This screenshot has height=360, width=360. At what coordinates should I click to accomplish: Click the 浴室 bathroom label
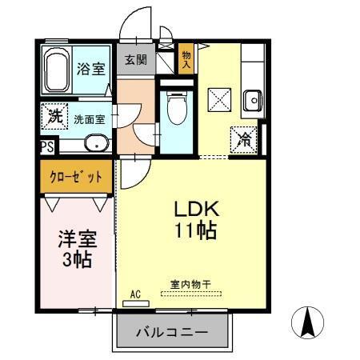[x=90, y=68]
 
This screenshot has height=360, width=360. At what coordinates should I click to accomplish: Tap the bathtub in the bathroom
[x=56, y=70]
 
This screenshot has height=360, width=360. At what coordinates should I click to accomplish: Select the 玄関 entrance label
[x=136, y=60]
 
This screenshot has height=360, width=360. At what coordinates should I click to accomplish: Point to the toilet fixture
[x=176, y=109]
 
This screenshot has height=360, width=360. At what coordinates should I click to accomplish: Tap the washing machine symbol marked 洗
[x=54, y=116]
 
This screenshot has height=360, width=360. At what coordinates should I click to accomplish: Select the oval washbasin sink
[x=94, y=145]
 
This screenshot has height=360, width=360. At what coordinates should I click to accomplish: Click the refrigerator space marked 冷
[x=242, y=139]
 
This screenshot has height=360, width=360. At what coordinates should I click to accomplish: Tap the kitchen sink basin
[x=252, y=101]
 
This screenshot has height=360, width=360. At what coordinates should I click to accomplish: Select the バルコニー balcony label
[x=172, y=331]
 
